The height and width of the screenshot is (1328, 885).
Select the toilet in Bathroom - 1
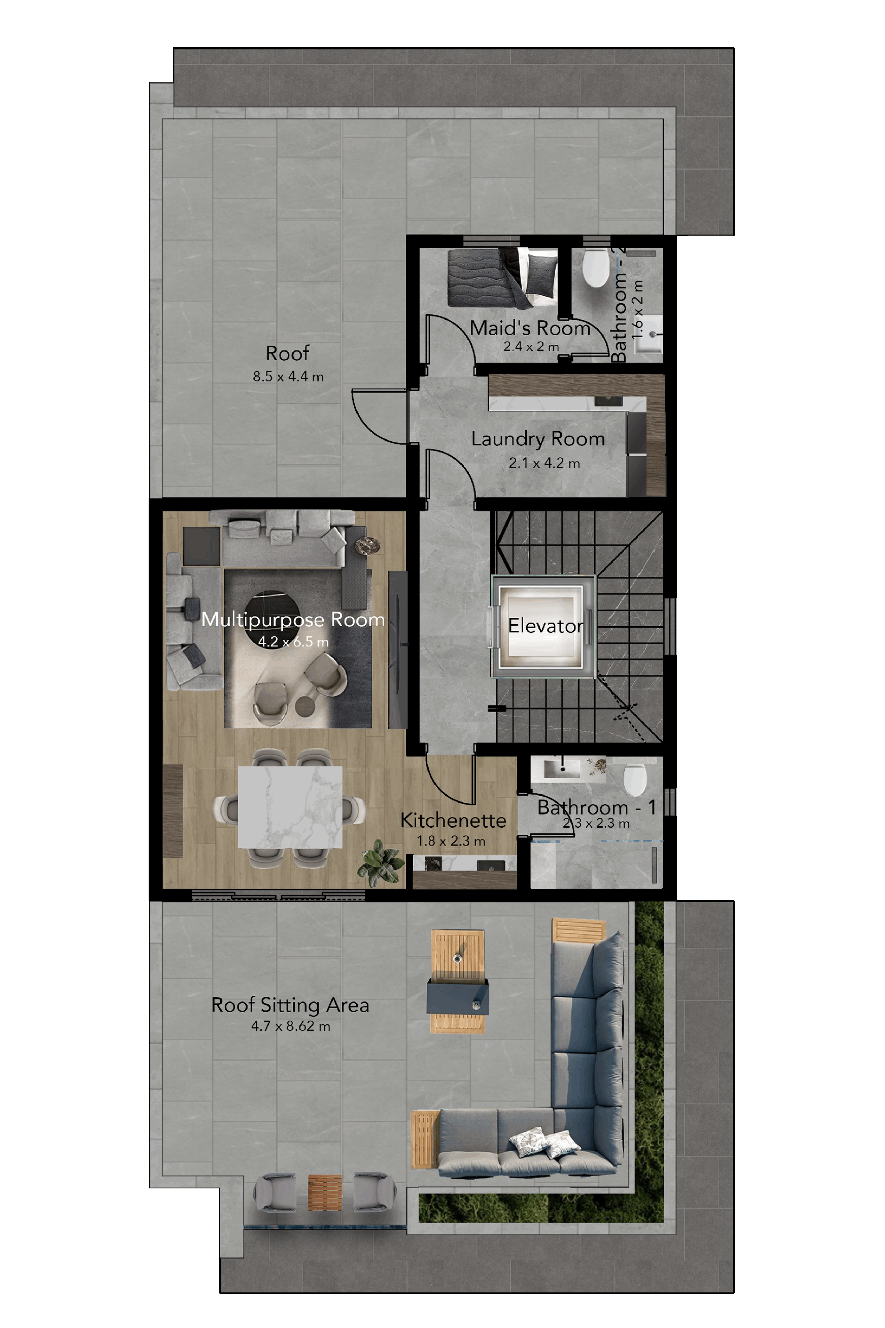[635, 779]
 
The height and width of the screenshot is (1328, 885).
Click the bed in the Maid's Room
[502, 277]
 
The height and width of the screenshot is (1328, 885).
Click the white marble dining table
[290, 806]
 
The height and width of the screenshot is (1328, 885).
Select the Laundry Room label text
[538, 439]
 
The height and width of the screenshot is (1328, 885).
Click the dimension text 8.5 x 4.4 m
[288, 377]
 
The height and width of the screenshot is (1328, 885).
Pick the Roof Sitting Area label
[290, 1005]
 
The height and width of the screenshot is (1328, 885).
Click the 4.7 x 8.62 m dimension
[291, 1026]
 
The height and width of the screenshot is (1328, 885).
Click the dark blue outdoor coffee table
[458, 997]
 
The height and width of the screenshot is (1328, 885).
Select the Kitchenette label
[453, 820]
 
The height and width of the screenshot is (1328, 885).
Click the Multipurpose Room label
[293, 620]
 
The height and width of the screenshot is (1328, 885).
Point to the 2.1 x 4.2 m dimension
[544, 463]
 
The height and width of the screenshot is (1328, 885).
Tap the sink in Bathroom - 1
[562, 768]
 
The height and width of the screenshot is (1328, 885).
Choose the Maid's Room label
[530, 328]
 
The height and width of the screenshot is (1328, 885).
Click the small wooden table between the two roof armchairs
[325, 1192]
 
